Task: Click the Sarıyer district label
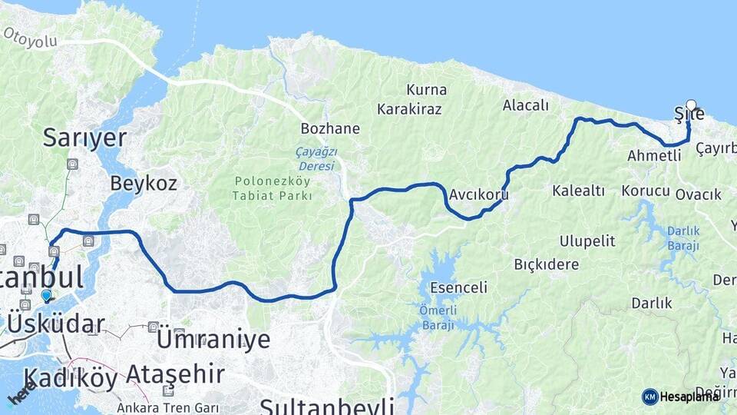[x=84, y=138]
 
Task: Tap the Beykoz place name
[x=144, y=183]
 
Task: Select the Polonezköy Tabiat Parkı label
[x=273, y=188]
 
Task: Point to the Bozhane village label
[x=330, y=128]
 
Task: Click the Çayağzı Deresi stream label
[x=316, y=159]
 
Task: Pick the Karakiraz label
[x=414, y=108]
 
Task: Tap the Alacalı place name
[x=526, y=105]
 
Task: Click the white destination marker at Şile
[x=691, y=105]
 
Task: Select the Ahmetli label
[x=654, y=155]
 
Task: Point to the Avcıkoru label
[x=480, y=194]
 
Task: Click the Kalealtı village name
[x=579, y=190]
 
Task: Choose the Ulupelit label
[x=587, y=241]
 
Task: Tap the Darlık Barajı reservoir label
[x=682, y=237]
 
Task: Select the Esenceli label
[x=459, y=288]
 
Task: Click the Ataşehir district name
[x=175, y=374]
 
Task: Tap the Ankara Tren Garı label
[x=168, y=407]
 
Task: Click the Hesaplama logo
[x=681, y=397]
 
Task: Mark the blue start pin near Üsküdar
[x=47, y=295]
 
